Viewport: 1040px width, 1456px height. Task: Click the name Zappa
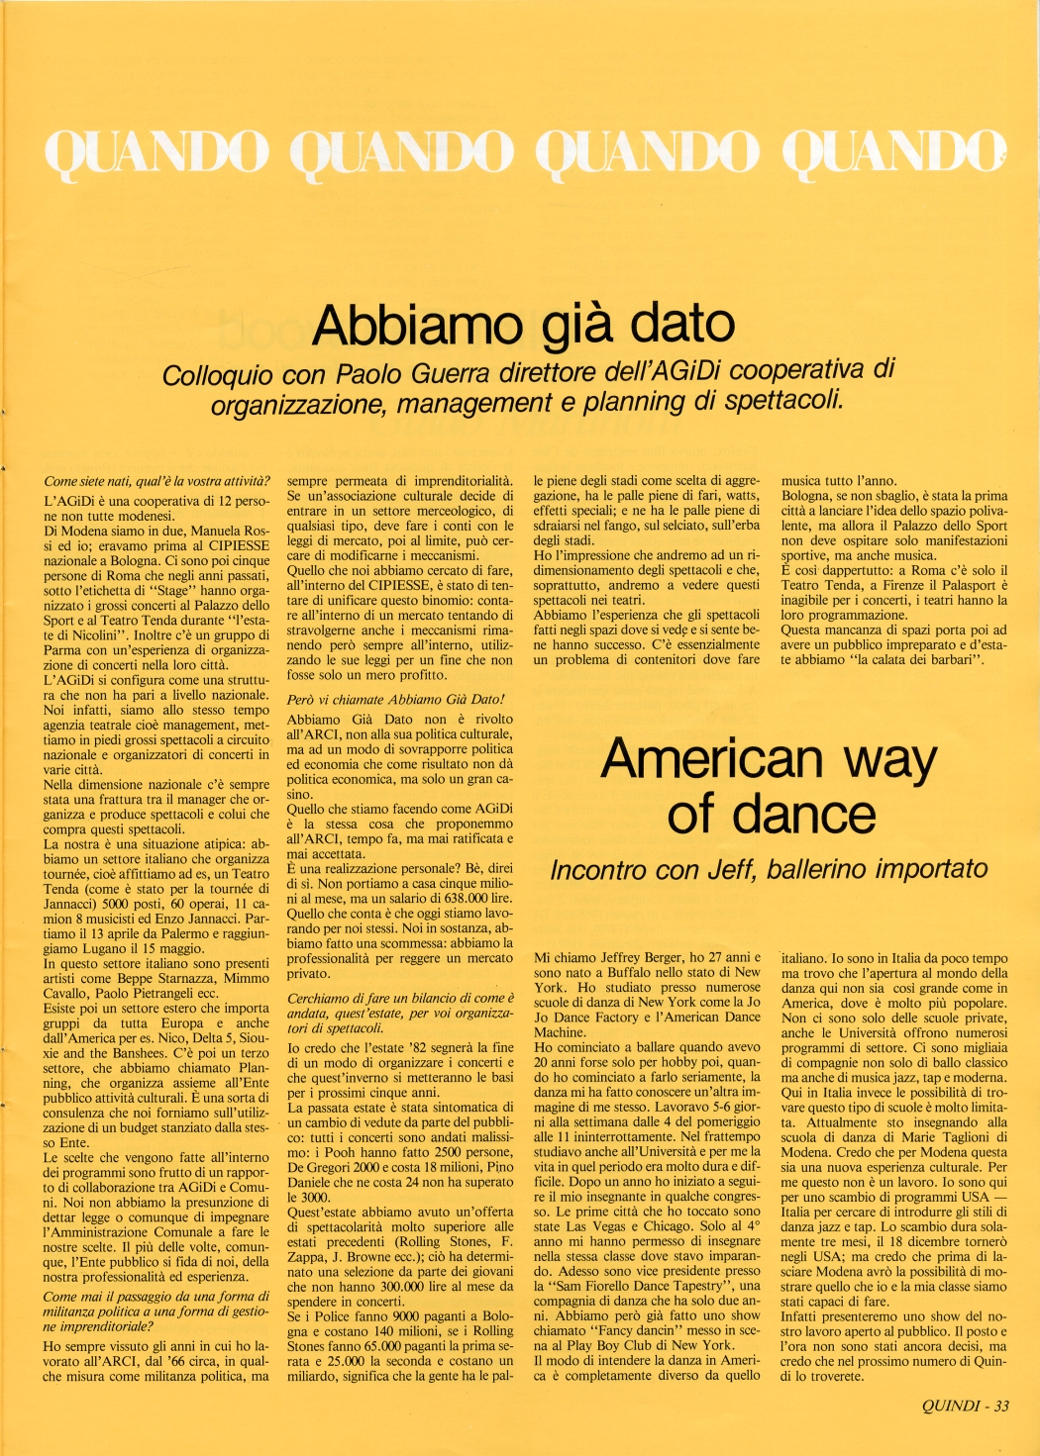pos(308,1256)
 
